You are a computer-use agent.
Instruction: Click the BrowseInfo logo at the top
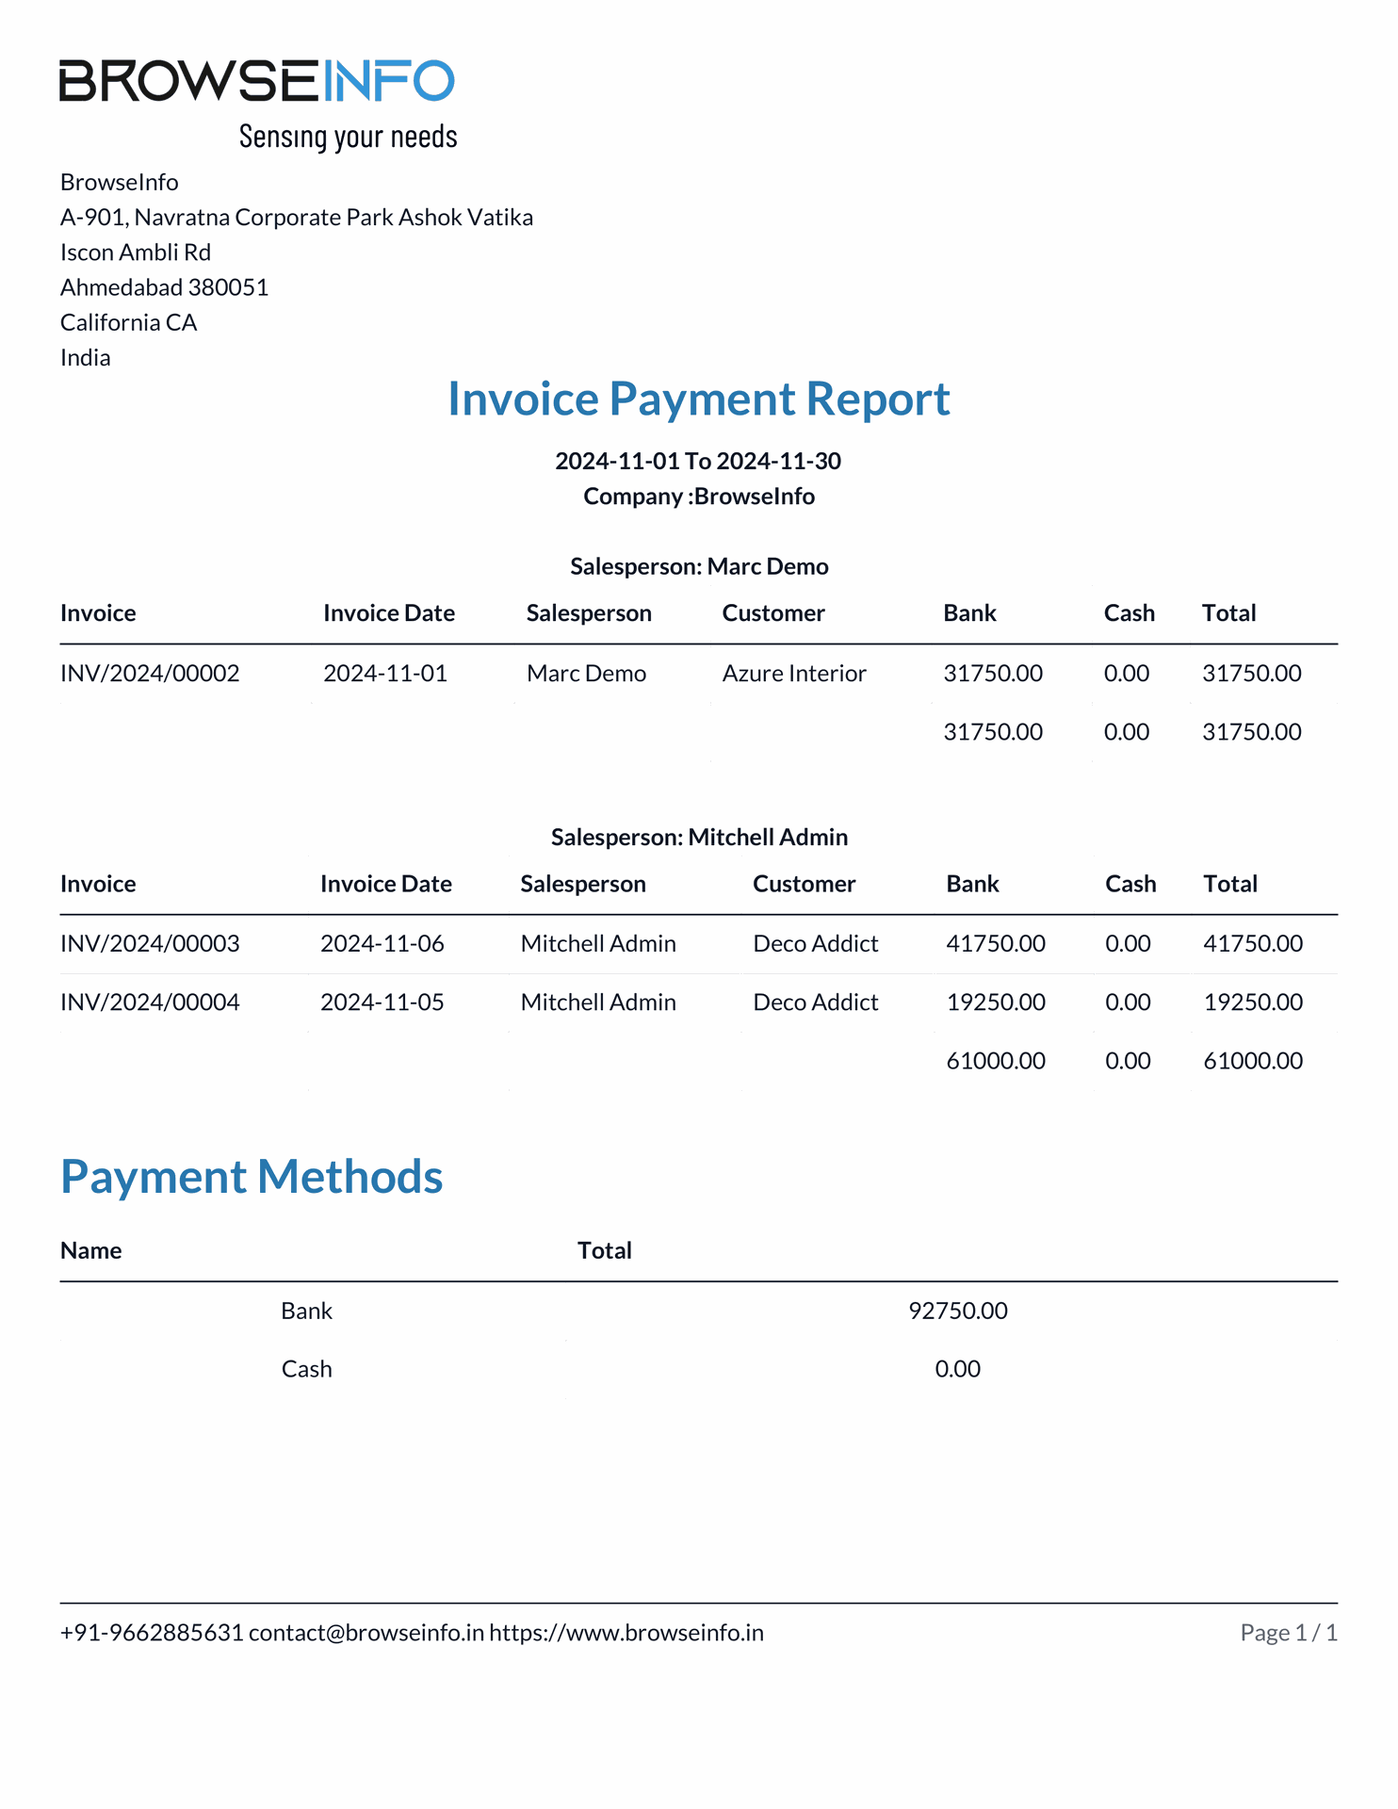(256, 81)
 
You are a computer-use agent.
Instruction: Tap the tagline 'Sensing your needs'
(348, 137)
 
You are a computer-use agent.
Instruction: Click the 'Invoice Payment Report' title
(698, 399)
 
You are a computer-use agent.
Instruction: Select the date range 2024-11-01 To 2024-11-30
(698, 461)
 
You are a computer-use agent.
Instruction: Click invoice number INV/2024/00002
(150, 674)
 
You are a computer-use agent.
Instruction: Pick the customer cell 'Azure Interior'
(794, 674)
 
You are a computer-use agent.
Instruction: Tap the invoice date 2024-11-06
(382, 944)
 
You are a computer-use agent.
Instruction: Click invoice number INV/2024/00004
(150, 1002)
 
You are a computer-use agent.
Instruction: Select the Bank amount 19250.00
(996, 1002)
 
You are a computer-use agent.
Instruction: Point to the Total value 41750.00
(1253, 944)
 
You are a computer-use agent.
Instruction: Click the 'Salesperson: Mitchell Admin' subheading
(699, 838)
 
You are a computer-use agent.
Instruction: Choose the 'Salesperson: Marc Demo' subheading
(699, 566)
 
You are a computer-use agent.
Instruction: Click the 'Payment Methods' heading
(252, 1177)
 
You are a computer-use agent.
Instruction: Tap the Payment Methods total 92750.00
(958, 1312)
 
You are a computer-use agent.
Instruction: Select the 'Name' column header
(91, 1251)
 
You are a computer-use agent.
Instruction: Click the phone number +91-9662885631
(152, 1633)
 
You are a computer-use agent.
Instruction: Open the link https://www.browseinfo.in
(626, 1633)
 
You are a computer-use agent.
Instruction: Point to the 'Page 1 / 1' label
(1289, 1633)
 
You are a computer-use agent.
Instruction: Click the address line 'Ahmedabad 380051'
(165, 287)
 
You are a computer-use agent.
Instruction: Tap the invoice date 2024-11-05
(382, 1002)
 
